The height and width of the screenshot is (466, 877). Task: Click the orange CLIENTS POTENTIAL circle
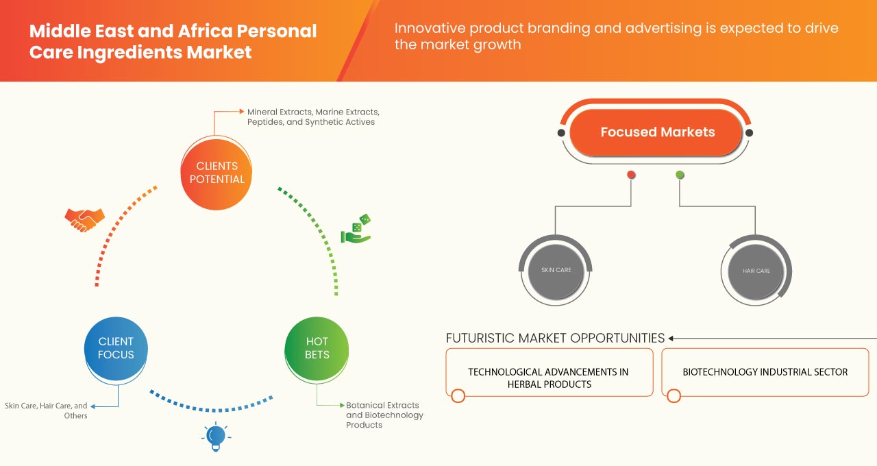pyautogui.click(x=216, y=173)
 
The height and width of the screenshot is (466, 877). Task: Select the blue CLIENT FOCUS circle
pyautogui.click(x=116, y=348)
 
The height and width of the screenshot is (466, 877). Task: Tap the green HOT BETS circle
pyautogui.click(x=317, y=348)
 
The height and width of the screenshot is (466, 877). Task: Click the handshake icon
pyautogui.click(x=84, y=219)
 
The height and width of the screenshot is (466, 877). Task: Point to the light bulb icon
pyautogui.click(x=216, y=437)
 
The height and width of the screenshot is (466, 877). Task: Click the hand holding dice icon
pyautogui.click(x=356, y=230)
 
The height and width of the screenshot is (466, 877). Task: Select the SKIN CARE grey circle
pyautogui.click(x=556, y=270)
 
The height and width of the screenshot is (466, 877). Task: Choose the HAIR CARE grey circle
pyautogui.click(x=756, y=271)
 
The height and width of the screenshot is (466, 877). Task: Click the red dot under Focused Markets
pyautogui.click(x=631, y=175)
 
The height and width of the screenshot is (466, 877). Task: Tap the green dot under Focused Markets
pyautogui.click(x=680, y=175)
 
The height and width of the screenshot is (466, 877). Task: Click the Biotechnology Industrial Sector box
pyautogui.click(x=765, y=372)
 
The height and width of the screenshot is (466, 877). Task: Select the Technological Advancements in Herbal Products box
pyautogui.click(x=548, y=378)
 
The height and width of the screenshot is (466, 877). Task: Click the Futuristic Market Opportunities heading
pyautogui.click(x=555, y=338)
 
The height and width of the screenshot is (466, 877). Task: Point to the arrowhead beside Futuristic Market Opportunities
pyautogui.click(x=672, y=338)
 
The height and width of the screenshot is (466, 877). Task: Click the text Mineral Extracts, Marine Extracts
pyautogui.click(x=313, y=111)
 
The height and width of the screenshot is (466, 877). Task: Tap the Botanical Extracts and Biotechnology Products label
pyautogui.click(x=384, y=415)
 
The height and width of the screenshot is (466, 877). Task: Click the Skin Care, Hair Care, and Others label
pyautogui.click(x=46, y=410)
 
